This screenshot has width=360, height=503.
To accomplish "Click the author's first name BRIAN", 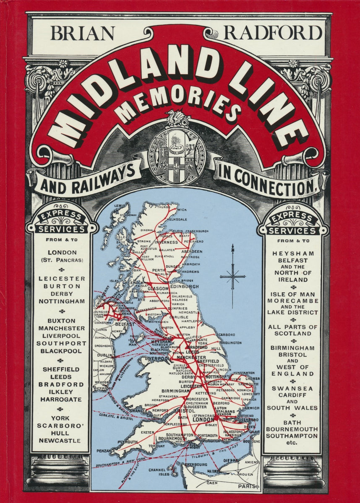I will click(82, 33).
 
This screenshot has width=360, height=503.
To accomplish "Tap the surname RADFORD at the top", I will click(273, 33).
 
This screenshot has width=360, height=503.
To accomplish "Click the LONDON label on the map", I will click(203, 419).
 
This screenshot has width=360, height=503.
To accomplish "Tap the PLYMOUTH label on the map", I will click(128, 442).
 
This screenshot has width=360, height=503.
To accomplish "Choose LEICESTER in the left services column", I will click(62, 278).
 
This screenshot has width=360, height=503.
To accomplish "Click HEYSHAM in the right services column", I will click(293, 254).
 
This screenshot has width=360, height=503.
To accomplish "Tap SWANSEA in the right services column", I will click(293, 389).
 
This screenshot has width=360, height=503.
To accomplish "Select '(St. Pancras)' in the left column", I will click(62, 260).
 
